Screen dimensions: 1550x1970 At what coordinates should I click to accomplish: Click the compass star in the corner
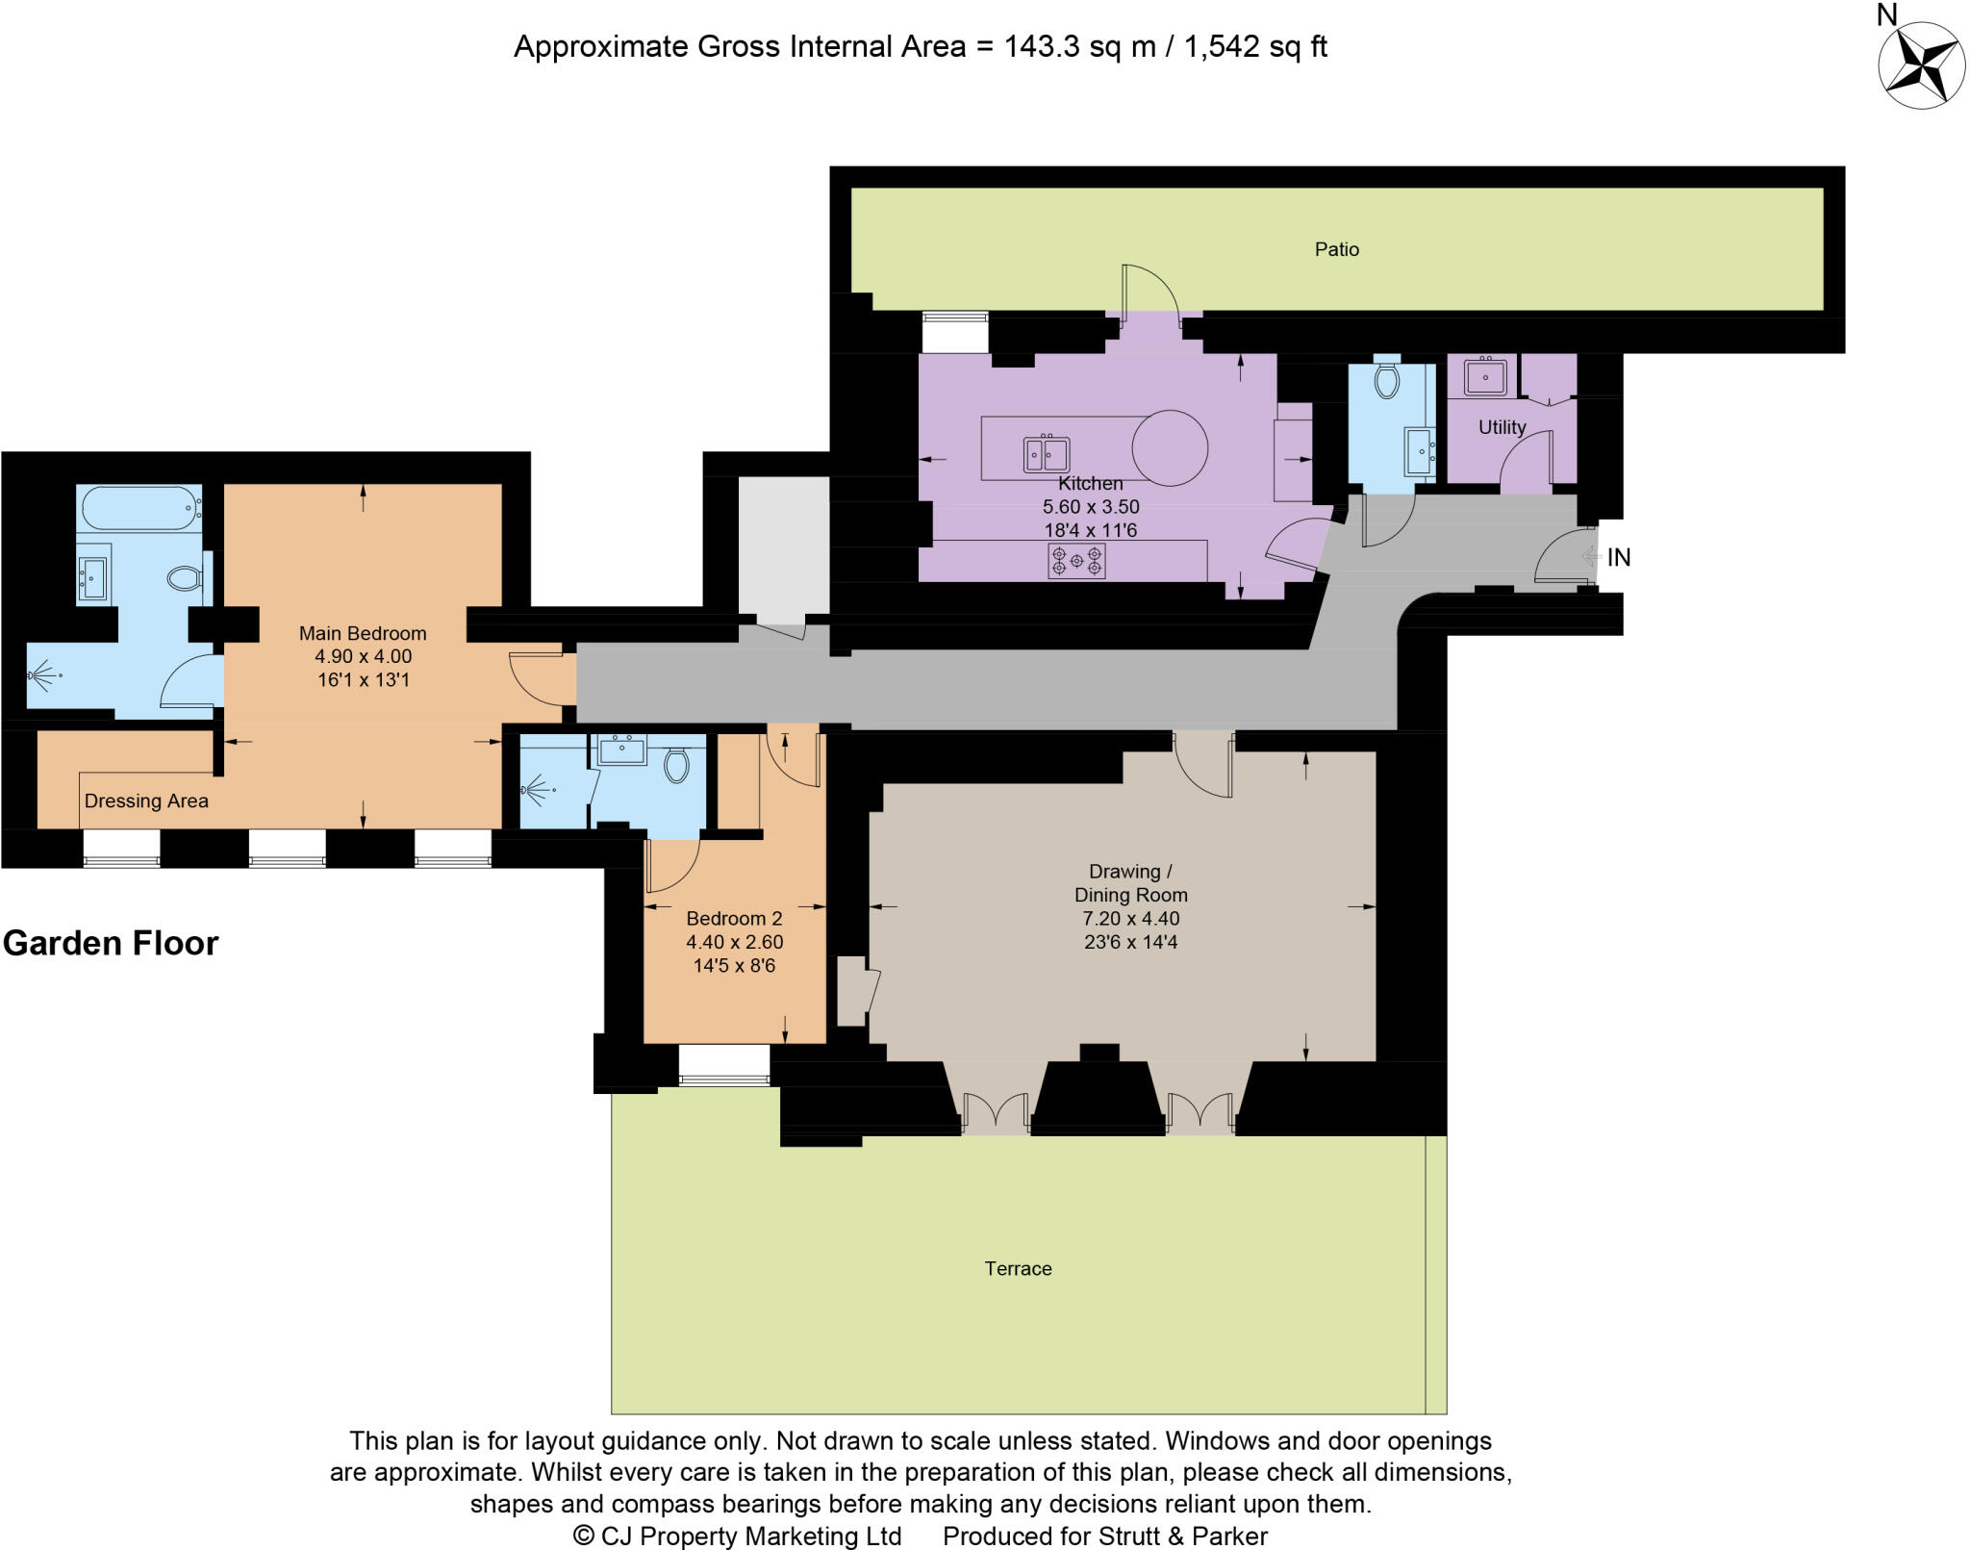point(1921,65)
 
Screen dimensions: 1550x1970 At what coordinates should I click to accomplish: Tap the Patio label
point(1336,249)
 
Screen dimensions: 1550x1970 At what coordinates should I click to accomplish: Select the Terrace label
point(1018,1268)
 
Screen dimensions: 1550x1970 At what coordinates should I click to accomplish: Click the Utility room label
point(1502,427)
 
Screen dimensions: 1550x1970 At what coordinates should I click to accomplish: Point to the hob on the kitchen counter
point(1076,560)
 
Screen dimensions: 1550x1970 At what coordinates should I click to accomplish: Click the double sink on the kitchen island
point(1046,453)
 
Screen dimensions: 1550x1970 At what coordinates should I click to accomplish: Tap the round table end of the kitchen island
point(1169,447)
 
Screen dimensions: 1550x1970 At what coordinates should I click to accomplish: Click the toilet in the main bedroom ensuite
point(184,578)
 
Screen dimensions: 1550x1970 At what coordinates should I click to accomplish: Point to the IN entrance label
point(1619,557)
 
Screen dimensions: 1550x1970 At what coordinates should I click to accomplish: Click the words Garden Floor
point(111,943)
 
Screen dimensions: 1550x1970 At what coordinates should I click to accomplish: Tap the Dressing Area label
point(146,800)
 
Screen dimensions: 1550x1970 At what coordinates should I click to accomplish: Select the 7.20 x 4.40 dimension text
point(1130,918)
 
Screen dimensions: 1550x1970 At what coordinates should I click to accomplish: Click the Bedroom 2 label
point(734,918)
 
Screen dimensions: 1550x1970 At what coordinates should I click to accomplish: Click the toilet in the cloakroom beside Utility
point(1386,379)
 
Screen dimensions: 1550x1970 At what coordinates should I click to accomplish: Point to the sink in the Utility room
point(1485,376)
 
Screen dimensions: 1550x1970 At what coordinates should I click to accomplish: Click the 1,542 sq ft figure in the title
point(1255,46)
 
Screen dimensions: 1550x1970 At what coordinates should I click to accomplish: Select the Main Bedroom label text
point(363,633)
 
